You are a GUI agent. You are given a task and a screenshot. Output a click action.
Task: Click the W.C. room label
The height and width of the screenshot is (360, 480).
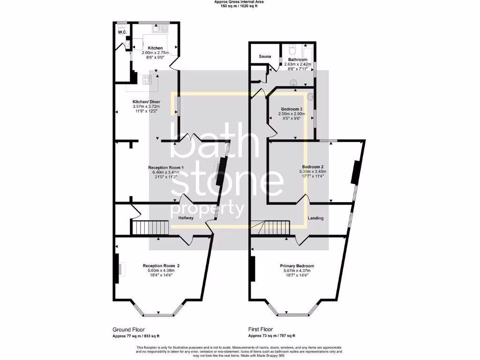tap(122, 32)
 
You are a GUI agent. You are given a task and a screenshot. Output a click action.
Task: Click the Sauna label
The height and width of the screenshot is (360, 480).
tap(265, 56)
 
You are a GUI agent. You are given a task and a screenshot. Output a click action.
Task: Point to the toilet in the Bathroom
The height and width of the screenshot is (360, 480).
tap(292, 48)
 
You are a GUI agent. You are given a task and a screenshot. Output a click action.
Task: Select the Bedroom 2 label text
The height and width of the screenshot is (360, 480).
tap(313, 167)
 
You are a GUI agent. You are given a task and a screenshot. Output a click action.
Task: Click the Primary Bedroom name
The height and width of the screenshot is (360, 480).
tap(295, 266)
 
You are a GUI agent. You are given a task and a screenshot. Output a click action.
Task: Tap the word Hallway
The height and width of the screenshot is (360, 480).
tap(187, 218)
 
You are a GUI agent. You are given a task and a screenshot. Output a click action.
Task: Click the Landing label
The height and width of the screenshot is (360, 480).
tap(315, 218)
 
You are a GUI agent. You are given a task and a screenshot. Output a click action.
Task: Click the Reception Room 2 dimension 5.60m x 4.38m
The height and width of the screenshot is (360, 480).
tap(161, 270)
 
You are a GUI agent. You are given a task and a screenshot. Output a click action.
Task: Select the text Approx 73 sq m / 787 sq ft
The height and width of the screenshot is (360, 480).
tap(271, 336)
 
